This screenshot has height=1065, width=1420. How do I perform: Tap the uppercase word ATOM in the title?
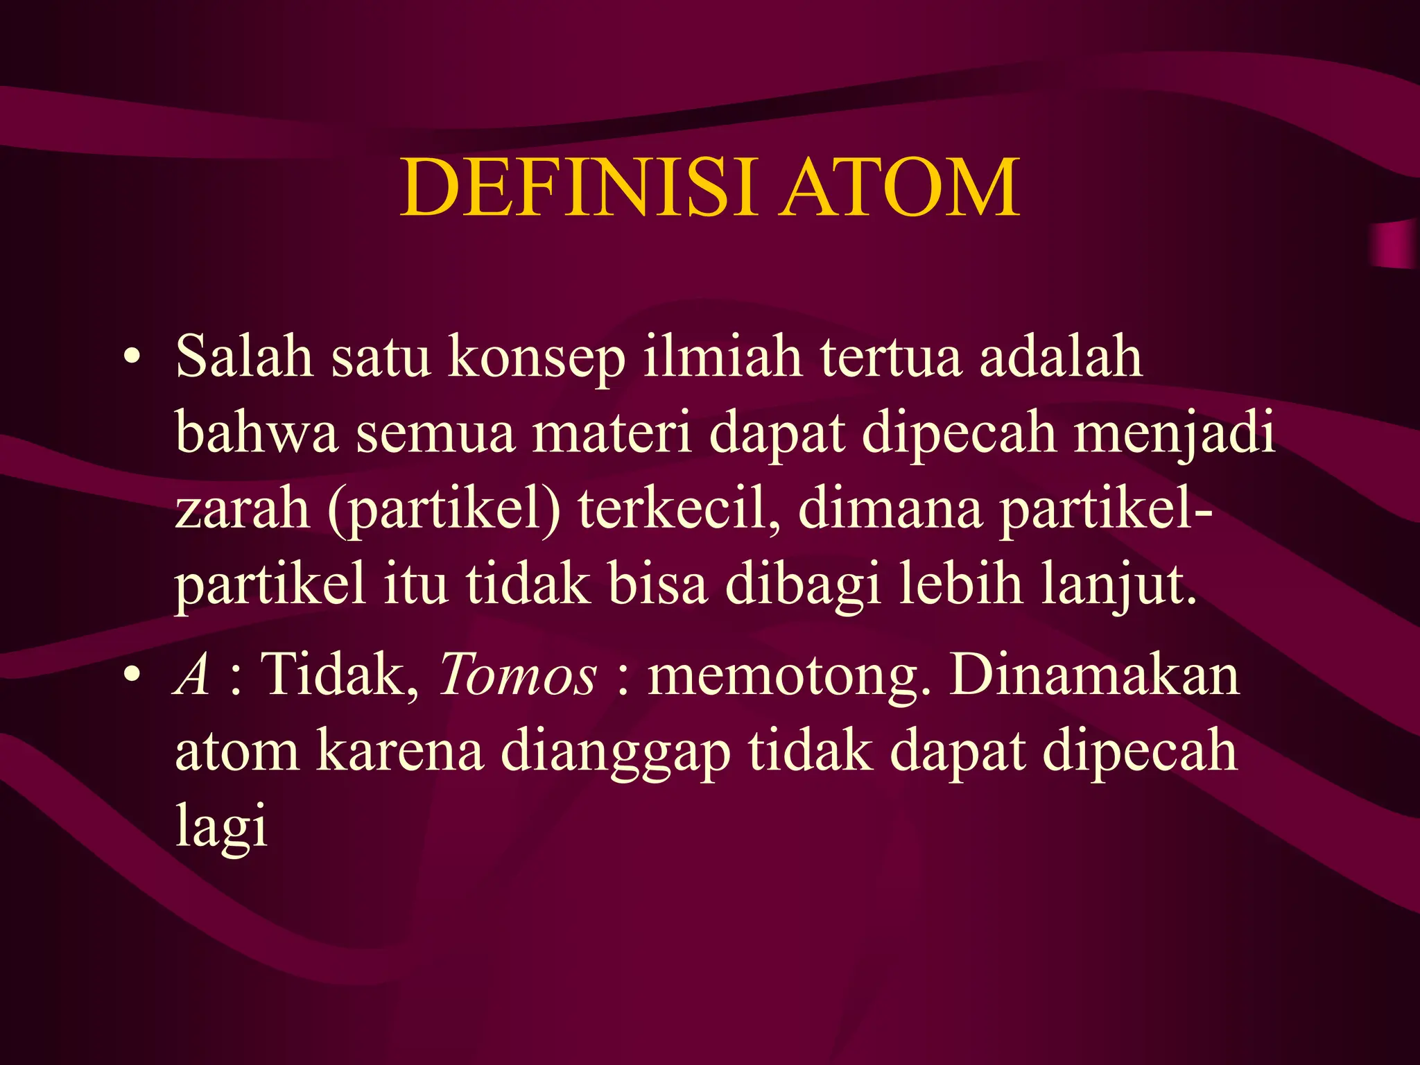pyautogui.click(x=899, y=188)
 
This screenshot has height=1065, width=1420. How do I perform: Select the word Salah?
pyautogui.click(x=244, y=356)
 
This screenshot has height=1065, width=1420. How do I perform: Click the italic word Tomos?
pyautogui.click(x=517, y=674)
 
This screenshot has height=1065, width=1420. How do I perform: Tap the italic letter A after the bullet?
pyautogui.click(x=192, y=674)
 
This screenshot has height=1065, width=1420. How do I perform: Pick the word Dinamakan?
pyautogui.click(x=1094, y=674)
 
